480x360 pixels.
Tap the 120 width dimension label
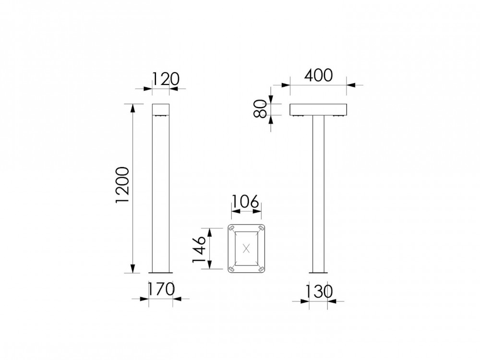165,78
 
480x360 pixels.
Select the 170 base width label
161,289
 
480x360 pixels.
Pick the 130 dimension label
318,291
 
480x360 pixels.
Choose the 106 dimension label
246,200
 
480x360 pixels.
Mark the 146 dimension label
200,248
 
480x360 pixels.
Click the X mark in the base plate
246,248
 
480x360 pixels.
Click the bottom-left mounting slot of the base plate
231,269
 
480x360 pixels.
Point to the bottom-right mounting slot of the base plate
261,269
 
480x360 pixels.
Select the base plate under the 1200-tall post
161,273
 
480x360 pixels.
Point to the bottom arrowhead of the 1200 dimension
133,270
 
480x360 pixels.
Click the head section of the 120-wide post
161,110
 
